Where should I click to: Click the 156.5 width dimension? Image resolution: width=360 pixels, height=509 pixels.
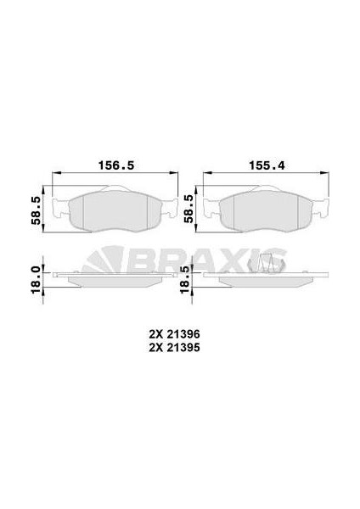click(116, 165)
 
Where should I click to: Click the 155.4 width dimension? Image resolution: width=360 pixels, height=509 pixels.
click(267, 165)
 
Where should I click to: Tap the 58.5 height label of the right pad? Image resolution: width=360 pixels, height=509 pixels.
click(188, 209)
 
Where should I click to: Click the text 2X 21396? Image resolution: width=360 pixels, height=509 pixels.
click(174, 334)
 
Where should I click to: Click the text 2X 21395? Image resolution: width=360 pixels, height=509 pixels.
click(174, 348)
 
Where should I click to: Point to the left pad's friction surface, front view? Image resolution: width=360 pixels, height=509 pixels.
click(115, 211)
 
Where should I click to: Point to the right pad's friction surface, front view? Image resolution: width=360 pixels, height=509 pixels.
click(266, 211)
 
